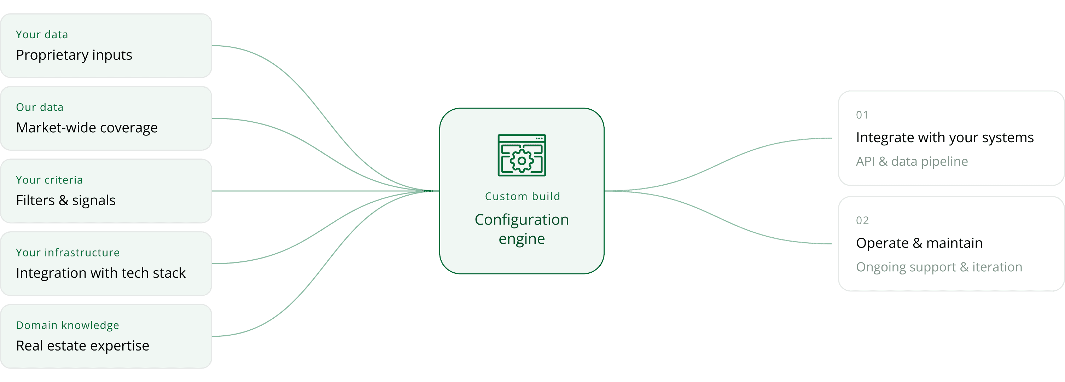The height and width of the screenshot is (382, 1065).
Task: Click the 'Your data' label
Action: tap(42, 35)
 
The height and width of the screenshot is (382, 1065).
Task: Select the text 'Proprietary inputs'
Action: tap(74, 55)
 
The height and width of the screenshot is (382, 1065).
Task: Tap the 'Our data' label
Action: tap(40, 108)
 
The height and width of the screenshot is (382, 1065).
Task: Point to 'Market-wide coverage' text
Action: tap(87, 128)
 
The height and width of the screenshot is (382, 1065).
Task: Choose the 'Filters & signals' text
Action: tap(66, 201)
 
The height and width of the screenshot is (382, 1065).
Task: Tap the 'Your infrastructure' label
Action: tap(68, 253)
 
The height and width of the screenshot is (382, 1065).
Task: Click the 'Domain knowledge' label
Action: tap(68, 325)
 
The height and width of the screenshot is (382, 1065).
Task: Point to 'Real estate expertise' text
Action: tap(83, 346)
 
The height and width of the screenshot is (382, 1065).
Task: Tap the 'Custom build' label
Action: tap(523, 196)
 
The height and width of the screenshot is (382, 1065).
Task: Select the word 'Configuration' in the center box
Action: tap(522, 220)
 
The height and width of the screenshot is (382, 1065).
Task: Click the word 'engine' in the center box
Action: tap(522, 239)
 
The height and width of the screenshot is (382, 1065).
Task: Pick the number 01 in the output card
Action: tap(862, 115)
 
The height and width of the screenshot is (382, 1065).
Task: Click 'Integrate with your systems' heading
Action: tap(945, 138)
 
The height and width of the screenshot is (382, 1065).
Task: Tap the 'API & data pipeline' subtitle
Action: tap(912, 161)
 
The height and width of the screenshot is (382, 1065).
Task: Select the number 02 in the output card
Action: tap(862, 221)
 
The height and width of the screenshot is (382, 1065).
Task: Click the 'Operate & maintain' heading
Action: tap(919, 243)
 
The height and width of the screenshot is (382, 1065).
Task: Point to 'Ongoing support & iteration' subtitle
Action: tap(939, 267)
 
